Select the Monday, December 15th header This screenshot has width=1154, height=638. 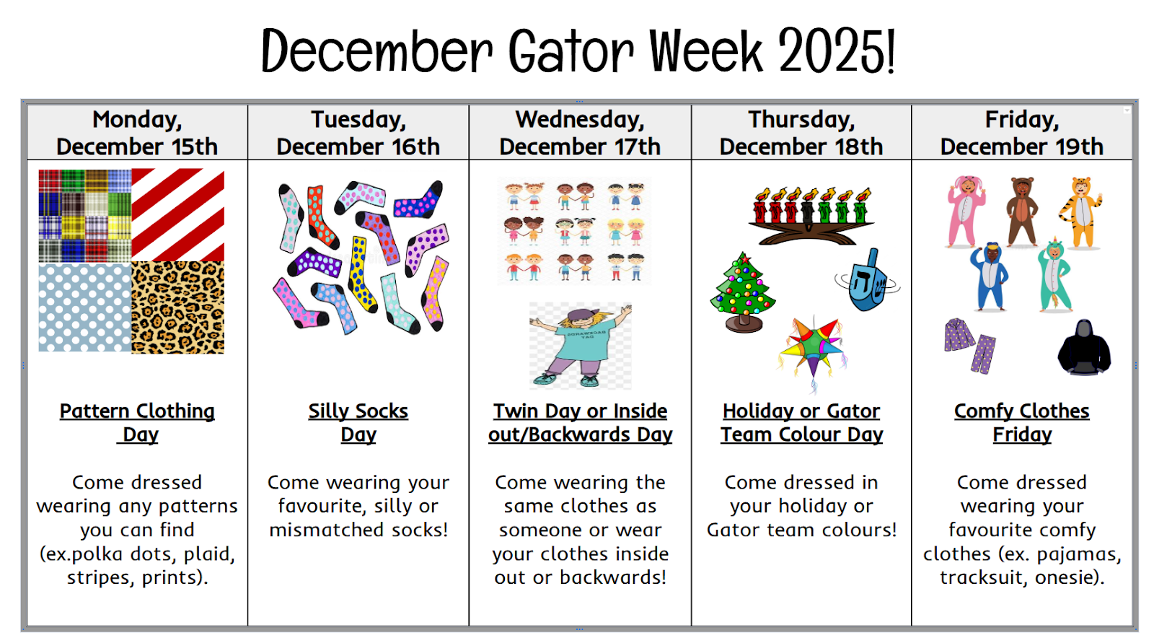click(x=137, y=133)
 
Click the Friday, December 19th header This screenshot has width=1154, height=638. click(x=1022, y=133)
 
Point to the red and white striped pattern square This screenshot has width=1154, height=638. click(x=177, y=215)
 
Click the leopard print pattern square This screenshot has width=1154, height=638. click(x=177, y=307)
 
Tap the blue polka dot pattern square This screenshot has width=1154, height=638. click(x=85, y=307)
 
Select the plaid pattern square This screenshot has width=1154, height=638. click(x=85, y=216)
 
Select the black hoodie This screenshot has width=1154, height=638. click(x=1084, y=347)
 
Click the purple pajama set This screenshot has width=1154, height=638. click(x=970, y=345)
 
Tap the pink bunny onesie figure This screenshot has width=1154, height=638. click(x=966, y=211)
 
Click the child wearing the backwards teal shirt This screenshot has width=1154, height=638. click(x=581, y=345)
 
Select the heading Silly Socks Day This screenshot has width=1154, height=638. click(x=358, y=423)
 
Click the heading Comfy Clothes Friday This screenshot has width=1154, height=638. click(x=1022, y=423)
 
